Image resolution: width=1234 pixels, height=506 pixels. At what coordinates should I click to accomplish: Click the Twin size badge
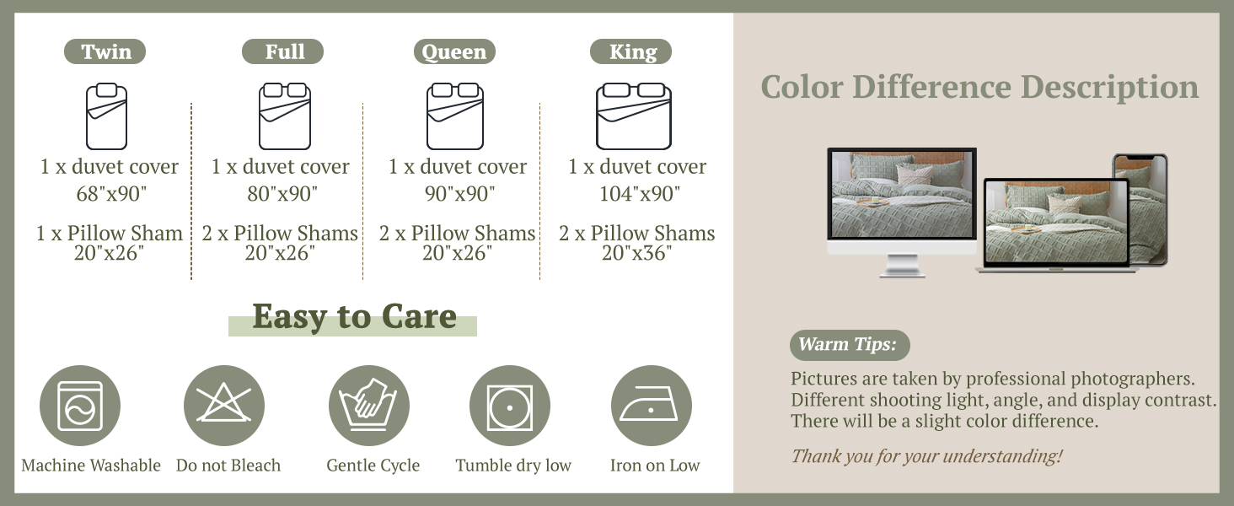tap(105, 51)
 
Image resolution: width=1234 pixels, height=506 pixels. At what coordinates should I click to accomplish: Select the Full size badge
tap(282, 51)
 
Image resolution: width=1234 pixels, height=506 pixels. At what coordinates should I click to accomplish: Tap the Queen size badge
tap(454, 51)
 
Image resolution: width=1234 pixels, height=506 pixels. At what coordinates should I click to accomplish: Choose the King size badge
tap(630, 51)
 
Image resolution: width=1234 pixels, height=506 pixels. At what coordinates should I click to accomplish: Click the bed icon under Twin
tap(106, 116)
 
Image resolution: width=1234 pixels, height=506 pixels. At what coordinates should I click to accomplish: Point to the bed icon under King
tap(634, 116)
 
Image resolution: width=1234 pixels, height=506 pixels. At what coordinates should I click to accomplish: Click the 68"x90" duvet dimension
tap(111, 194)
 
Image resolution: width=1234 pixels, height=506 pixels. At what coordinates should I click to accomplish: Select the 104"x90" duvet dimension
tap(640, 194)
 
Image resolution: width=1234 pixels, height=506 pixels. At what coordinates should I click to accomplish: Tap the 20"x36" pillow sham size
tap(637, 253)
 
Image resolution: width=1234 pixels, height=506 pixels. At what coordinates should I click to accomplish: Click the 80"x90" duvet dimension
tap(282, 194)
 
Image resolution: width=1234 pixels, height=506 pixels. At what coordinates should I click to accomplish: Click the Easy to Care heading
tap(354, 316)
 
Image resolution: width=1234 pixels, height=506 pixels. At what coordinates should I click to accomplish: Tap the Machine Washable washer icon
tap(80, 406)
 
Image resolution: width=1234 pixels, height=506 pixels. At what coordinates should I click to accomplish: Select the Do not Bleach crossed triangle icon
tap(223, 406)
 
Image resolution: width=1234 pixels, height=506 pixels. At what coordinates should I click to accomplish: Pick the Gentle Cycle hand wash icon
tap(369, 406)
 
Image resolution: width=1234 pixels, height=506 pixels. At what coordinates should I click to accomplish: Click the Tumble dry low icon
tap(510, 406)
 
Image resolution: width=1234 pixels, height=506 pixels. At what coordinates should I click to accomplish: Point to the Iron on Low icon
tap(652, 406)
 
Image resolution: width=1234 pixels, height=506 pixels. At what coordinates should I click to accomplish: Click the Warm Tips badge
tap(850, 345)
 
